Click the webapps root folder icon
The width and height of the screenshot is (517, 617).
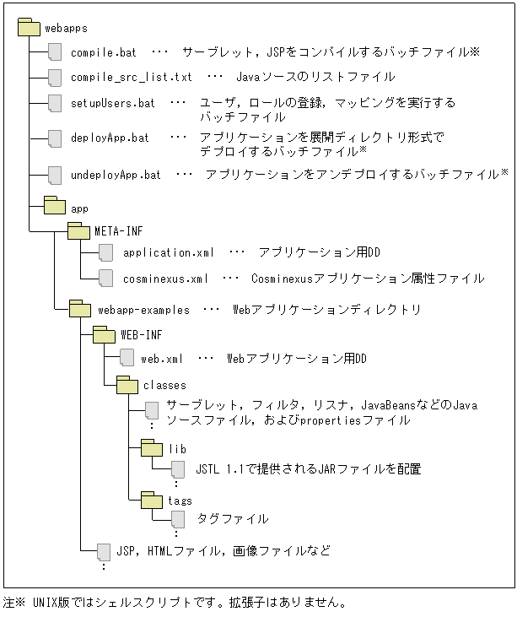point(30,26)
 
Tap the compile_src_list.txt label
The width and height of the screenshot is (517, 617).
point(131,77)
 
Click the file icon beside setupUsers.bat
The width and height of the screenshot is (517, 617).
point(56,103)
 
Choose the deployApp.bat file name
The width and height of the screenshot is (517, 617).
point(110,138)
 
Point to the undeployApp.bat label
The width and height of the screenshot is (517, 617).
point(116,175)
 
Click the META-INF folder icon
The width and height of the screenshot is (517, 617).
point(78,230)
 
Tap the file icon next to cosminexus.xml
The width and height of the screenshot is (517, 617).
point(105,277)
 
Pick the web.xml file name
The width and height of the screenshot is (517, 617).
point(162,359)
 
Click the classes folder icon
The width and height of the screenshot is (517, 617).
point(127,385)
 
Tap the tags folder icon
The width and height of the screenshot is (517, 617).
point(152,501)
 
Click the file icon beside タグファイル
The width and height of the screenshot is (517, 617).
point(178,518)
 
